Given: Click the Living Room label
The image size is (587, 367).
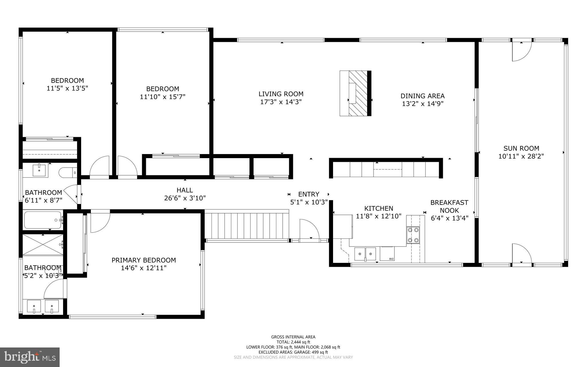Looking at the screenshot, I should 281,94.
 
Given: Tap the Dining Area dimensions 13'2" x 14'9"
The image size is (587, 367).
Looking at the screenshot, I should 422,104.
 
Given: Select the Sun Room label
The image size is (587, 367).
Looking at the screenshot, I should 521,148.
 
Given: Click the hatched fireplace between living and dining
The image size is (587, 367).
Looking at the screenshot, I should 358,93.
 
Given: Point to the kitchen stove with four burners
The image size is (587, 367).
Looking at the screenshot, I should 413,235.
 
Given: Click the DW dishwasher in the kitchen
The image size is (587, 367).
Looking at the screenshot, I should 387,254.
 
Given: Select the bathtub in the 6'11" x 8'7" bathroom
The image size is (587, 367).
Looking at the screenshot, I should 43,220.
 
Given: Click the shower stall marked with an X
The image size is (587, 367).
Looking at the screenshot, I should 42,244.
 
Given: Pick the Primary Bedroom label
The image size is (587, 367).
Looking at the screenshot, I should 144,260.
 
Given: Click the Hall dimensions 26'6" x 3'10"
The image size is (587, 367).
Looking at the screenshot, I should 185,198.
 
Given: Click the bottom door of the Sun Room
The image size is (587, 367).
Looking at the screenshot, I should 521,253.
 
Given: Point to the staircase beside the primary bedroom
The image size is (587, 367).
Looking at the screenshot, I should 246,226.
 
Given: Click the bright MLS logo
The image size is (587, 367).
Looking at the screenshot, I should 30,357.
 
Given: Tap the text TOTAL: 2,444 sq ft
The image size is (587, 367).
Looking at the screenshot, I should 293,342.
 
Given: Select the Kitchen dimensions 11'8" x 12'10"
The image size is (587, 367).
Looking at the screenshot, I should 378,216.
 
